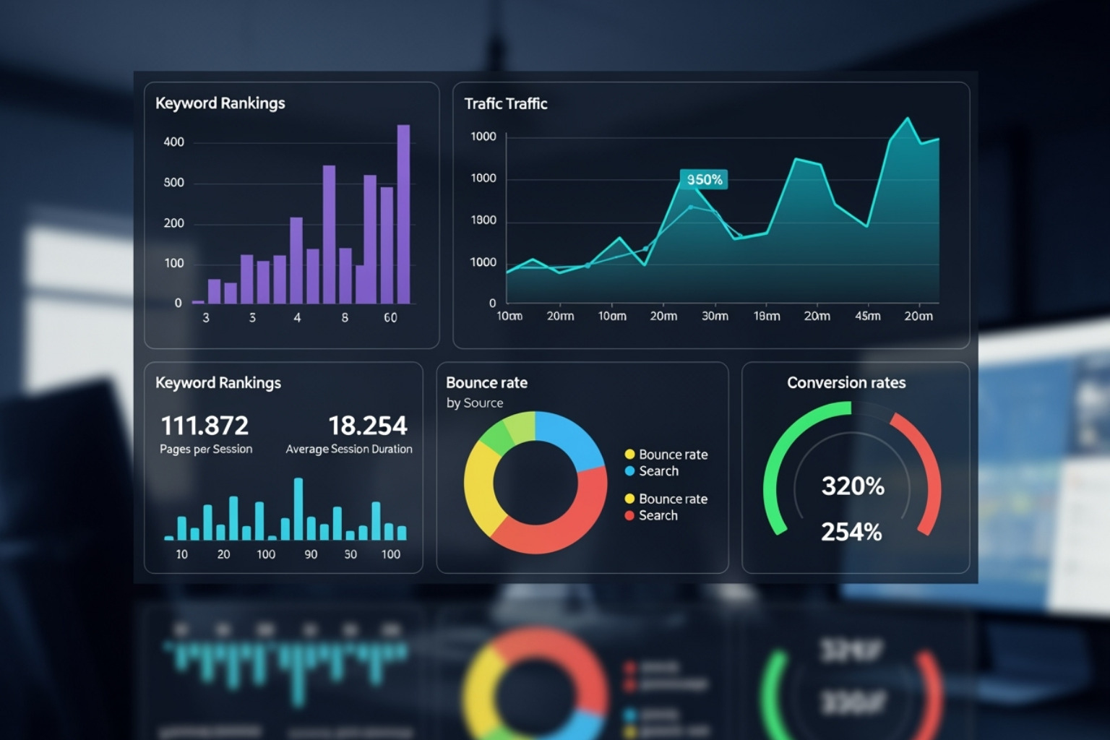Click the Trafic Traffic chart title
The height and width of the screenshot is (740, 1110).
505,104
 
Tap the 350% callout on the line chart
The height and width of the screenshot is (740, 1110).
704,179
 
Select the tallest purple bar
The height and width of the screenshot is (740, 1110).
403,214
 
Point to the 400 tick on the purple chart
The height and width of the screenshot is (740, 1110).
173,142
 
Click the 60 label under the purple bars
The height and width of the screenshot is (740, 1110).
390,318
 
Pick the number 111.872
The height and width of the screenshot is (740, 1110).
205,426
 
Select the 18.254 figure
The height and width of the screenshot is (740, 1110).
368,426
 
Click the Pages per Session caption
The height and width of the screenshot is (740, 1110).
206,449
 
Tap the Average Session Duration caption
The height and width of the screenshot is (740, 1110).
349,449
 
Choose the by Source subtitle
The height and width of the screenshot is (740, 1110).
475,403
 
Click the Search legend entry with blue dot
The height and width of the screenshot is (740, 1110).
658,471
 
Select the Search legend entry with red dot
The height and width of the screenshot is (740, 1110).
658,515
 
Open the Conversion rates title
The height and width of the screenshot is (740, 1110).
846,383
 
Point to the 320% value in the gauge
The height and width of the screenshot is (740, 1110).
853,486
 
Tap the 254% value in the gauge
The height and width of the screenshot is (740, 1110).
851,533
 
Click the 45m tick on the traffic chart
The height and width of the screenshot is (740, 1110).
868,317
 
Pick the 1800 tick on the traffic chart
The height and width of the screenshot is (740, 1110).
483,220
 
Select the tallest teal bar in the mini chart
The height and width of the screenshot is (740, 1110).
298,509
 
